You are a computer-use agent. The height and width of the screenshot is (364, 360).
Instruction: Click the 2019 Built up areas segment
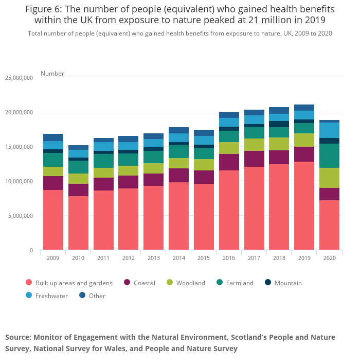pyautogui.click(x=304, y=205)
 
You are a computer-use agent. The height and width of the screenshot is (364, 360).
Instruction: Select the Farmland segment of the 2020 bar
pyautogui.click(x=329, y=155)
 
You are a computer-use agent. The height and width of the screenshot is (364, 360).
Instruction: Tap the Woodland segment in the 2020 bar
pyautogui.click(x=329, y=178)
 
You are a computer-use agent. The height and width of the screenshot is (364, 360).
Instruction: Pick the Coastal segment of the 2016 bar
pyautogui.click(x=229, y=162)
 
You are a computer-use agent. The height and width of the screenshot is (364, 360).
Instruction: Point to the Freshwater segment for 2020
pyautogui.click(x=329, y=130)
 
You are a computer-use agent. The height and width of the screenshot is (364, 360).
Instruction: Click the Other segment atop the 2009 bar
pyautogui.click(x=53, y=137)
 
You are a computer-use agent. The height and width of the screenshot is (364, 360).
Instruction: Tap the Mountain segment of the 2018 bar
pyautogui.click(x=279, y=124)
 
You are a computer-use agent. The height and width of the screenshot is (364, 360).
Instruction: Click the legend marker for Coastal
pyautogui.click(x=127, y=283)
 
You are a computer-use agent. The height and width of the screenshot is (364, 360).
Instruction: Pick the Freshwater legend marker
pyautogui.click(x=29, y=296)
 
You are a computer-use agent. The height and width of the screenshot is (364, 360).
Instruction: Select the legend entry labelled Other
pyautogui.click(x=97, y=296)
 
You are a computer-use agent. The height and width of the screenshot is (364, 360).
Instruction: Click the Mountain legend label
pyautogui.click(x=288, y=283)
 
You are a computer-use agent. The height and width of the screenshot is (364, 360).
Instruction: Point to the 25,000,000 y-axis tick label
pyautogui.click(x=19, y=78)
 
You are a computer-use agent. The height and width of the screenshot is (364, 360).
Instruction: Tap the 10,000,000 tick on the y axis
pyautogui.click(x=19, y=181)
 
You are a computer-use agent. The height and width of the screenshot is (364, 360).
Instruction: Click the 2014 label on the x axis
pyautogui.click(x=178, y=257)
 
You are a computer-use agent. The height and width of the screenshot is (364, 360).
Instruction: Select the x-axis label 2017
pyautogui.click(x=254, y=257)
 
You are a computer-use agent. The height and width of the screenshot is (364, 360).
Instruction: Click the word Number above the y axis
pyautogui.click(x=52, y=74)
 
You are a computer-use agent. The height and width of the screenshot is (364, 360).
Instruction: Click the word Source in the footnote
pyautogui.click(x=17, y=337)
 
